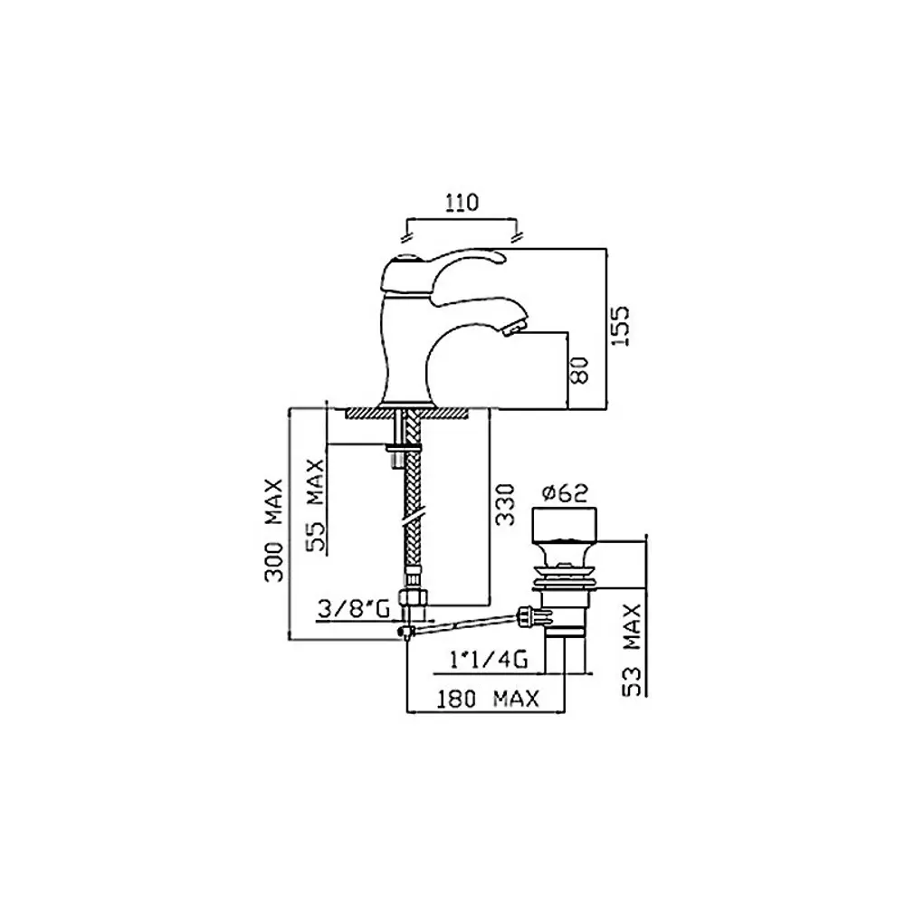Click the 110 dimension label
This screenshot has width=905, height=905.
(462, 203)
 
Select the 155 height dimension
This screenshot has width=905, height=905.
(621, 326)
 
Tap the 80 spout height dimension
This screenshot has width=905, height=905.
(579, 370)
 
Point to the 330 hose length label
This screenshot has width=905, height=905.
(505, 504)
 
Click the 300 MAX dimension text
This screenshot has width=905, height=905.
(273, 529)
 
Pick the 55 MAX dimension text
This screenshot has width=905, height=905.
(315, 506)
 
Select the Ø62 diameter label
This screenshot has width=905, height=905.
(565, 493)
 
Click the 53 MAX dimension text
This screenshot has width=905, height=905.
(633, 649)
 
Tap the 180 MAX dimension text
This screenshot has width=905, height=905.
(487, 699)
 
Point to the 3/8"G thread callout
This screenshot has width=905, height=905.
(354, 609)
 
